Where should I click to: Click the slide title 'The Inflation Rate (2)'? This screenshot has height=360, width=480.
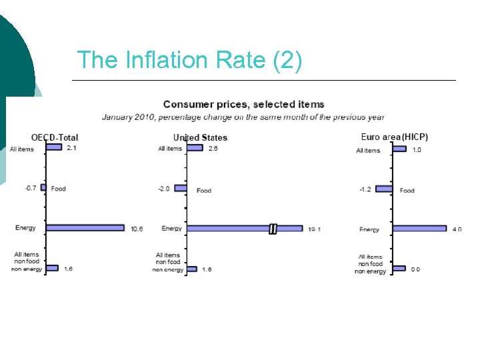coord(189,60)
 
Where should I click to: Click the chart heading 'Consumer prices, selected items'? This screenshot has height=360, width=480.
coord(243,104)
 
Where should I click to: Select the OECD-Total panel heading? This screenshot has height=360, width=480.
coord(55,137)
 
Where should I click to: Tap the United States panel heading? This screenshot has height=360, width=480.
coord(200,137)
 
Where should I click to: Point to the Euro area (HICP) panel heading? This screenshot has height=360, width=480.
coord(395,137)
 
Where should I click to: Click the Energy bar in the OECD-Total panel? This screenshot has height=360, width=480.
coord(85,227)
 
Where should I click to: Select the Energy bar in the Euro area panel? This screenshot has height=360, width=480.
coord(419,228)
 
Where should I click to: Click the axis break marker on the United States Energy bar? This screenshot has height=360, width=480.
coord(273,229)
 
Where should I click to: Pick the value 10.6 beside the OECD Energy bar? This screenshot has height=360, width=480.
coord(137,229)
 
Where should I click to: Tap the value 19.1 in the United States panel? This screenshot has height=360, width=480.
coord(315,229)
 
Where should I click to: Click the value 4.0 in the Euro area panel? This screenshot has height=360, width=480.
coord(457,229)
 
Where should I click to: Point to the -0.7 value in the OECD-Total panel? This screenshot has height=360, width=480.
coord(31,188)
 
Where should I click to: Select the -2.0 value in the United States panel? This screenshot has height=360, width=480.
coord(164,189)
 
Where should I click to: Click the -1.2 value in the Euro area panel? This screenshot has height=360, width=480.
coord(365,189)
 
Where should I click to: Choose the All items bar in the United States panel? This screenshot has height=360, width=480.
coord(195,147)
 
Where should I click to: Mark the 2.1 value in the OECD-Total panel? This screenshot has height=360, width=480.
coord(71,148)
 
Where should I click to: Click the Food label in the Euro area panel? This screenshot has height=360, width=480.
coord(407,191)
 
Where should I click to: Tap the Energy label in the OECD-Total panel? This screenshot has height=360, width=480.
coord(25,228)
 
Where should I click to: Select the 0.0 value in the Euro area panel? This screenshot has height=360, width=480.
coord(415,269)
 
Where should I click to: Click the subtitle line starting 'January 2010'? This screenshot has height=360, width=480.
coord(243,117)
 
